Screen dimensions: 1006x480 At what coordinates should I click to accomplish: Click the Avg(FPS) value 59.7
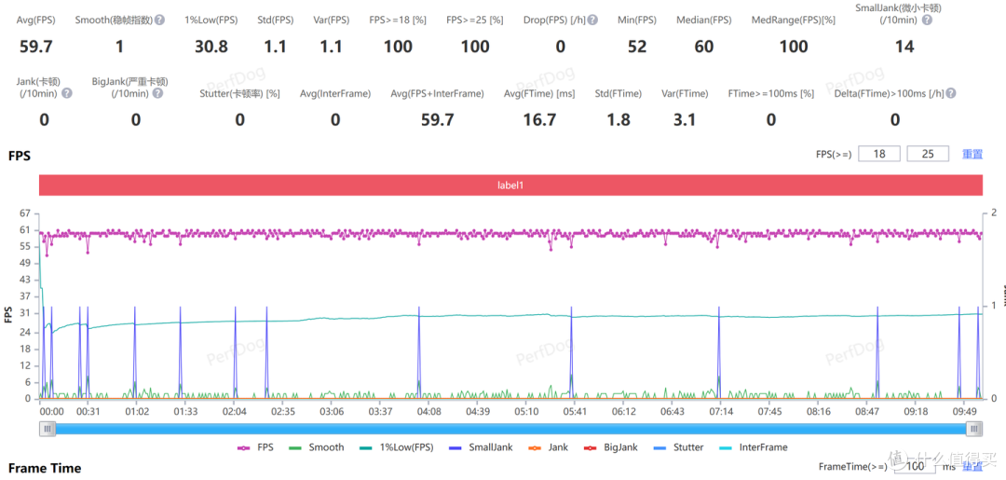35,47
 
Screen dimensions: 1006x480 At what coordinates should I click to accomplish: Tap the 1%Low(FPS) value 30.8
211,47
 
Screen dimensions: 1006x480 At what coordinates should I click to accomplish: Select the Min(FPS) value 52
637,47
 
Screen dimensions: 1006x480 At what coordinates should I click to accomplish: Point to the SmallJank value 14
904,47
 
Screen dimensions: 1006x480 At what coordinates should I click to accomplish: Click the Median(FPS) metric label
704,20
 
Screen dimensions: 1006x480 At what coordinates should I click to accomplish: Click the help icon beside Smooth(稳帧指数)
160,20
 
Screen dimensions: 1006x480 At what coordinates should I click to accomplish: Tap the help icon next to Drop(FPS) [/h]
592,20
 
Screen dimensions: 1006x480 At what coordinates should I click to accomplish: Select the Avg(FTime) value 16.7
539,119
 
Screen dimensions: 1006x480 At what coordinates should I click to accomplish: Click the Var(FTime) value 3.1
685,119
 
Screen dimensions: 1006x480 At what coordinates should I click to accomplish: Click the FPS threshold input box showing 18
879,154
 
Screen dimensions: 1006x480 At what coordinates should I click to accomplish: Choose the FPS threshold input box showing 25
929,154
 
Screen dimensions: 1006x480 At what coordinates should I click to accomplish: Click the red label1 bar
510,185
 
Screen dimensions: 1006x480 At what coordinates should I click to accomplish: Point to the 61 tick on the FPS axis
26,229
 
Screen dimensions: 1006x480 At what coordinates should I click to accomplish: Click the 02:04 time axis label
234,411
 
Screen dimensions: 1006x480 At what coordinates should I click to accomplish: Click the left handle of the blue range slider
47,429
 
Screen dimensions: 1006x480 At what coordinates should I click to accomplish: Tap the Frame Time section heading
45,468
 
